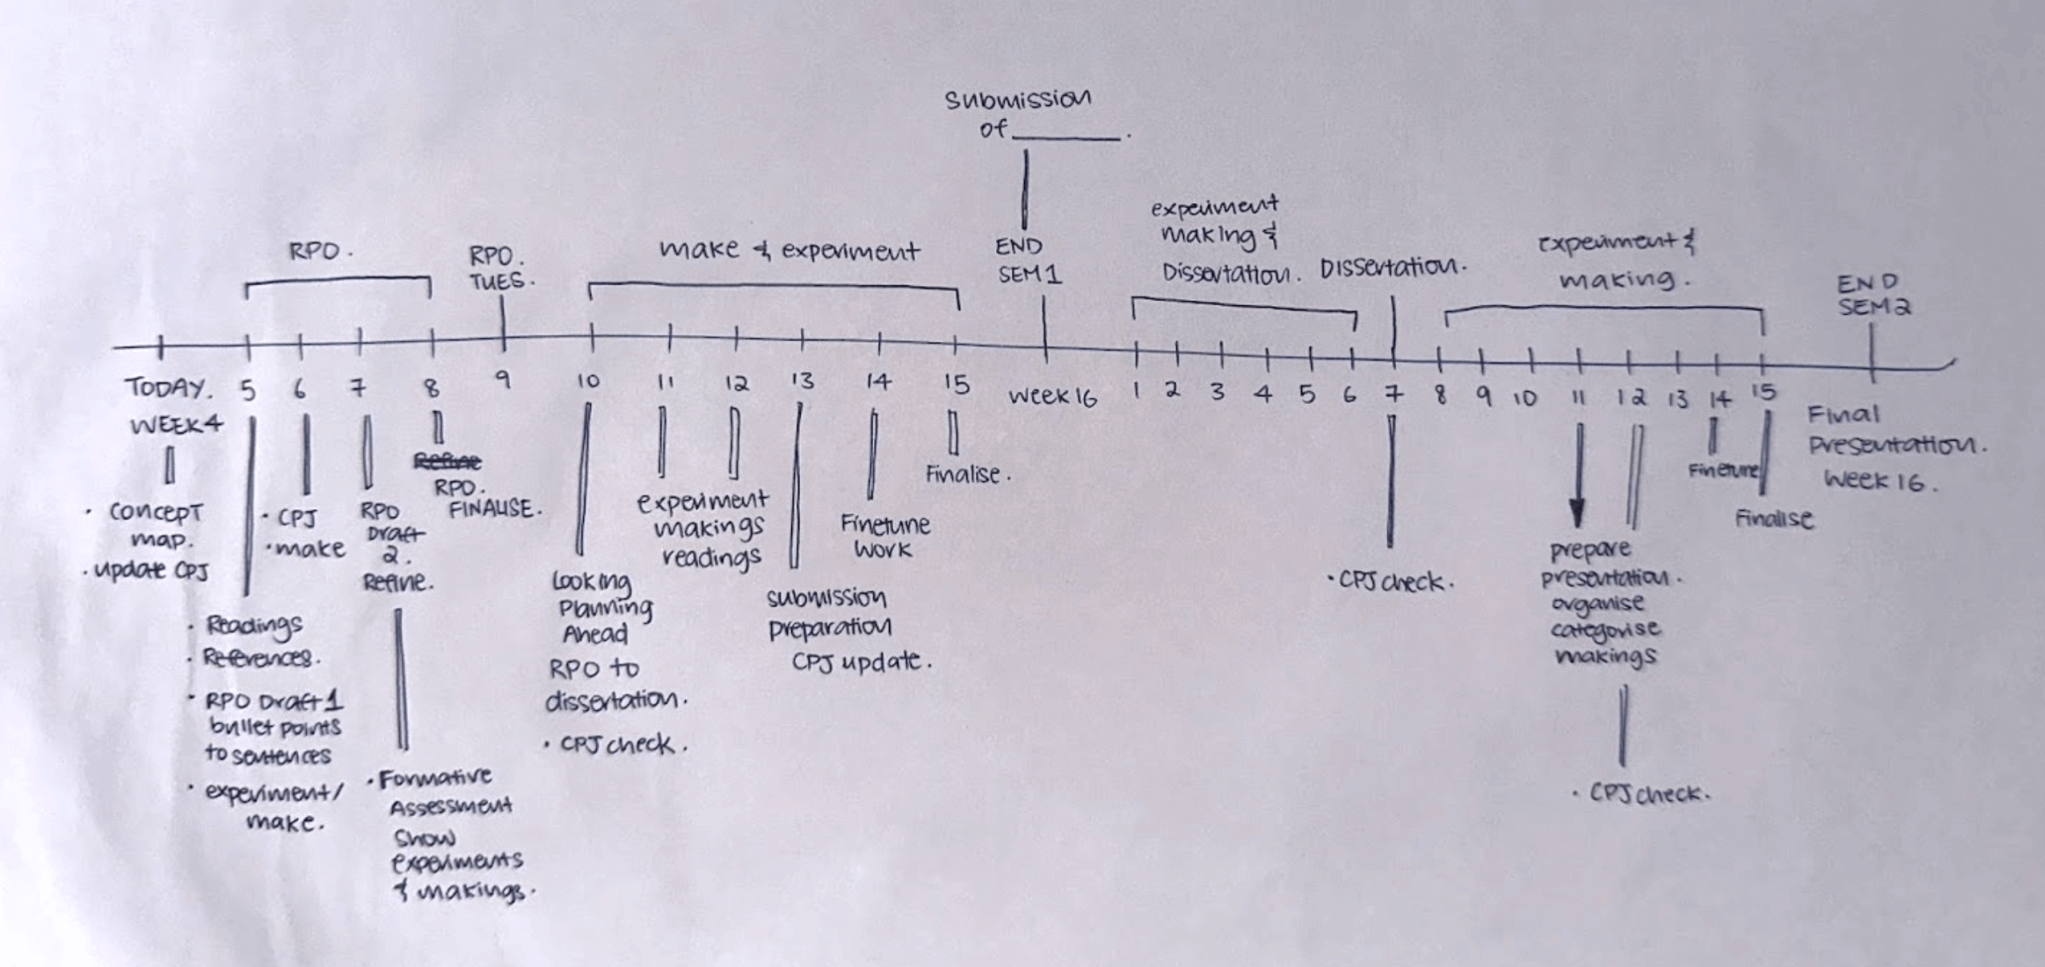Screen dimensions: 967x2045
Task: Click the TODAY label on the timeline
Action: [x=167, y=389]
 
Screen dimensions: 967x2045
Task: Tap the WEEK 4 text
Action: [x=176, y=424]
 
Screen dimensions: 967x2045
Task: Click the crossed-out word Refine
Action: [x=447, y=461]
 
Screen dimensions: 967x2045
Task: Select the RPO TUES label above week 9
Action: [x=499, y=268]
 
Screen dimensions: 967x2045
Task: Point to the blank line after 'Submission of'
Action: [x=1066, y=137]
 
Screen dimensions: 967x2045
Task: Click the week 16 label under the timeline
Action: [x=1051, y=396]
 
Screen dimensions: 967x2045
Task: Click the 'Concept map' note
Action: [x=154, y=524]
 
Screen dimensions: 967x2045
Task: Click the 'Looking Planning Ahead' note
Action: [x=601, y=607]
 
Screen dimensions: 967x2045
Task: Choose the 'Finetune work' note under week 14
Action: [x=884, y=537]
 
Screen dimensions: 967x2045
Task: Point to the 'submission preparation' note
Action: [x=828, y=613]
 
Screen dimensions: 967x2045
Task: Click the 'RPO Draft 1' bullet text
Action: [x=273, y=701]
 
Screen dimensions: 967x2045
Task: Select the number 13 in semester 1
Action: [x=801, y=381]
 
